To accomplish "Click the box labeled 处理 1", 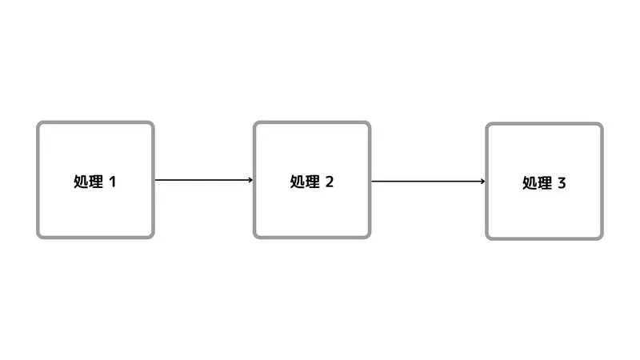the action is coord(95,180).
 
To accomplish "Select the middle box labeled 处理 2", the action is coord(312,180).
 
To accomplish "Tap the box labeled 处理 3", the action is coord(545,182).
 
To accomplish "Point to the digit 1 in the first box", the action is coord(113,182).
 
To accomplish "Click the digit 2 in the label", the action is coord(330,182).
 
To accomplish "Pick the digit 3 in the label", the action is coord(562,183).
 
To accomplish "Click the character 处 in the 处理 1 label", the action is coord(81,182).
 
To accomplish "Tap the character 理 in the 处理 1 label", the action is coord(96,182).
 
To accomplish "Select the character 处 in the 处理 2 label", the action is coord(297,182).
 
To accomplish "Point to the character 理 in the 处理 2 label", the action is coord(312,182).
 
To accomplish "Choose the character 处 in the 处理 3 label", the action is coord(530,183).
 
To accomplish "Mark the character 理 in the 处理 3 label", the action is coord(545,183).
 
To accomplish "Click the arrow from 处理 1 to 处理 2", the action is coord(204,180).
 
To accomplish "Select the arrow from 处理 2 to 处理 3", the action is coord(429,182).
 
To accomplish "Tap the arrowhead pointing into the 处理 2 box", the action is coord(250,180).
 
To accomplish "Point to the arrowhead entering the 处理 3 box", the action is coord(483,182).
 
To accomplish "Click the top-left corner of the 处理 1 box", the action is coord(37,122).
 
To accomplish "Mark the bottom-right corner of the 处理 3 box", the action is coord(603,239).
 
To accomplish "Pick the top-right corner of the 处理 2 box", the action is coord(370,122).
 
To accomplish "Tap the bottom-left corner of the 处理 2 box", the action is coord(254,238).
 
